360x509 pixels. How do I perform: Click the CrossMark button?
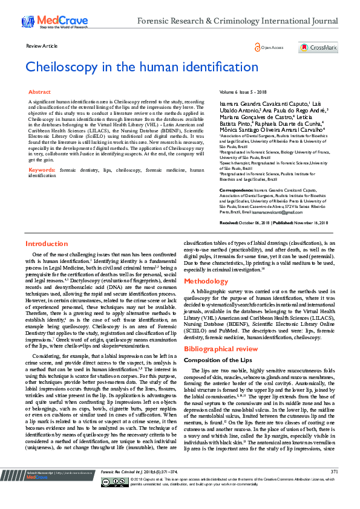point(313,47)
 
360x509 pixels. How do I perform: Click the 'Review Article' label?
point(42,46)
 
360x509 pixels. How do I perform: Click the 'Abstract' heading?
point(40,92)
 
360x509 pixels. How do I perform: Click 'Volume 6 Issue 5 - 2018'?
point(243,91)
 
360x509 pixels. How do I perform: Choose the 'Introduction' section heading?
point(47,244)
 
